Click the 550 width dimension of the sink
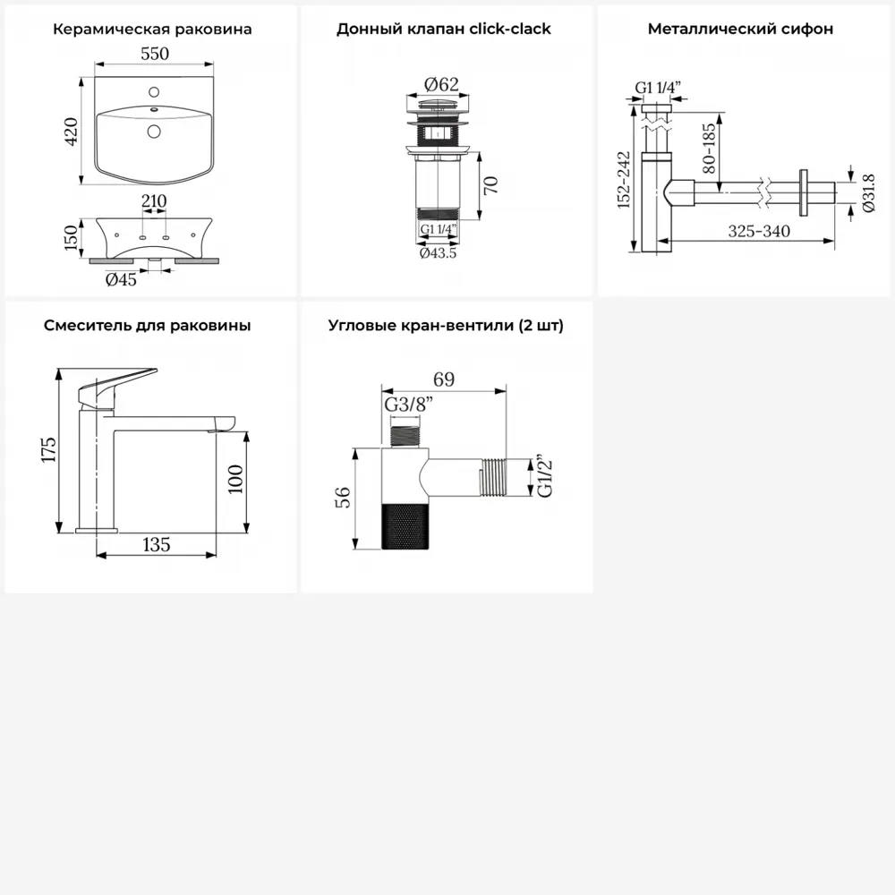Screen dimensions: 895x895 coord(155,54)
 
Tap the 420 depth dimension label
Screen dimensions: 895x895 coord(72,132)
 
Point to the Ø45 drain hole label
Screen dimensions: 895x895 coord(121,279)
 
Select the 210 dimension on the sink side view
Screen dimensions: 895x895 coord(154,200)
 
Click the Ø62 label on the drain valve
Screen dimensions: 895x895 coord(441,84)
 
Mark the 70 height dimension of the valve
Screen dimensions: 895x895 coord(490,185)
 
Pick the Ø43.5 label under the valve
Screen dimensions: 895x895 coord(438,253)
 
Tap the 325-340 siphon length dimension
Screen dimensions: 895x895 coord(759,231)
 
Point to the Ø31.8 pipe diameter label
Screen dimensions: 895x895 coord(868,193)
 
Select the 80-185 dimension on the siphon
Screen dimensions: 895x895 coord(708,149)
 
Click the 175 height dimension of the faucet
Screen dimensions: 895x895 coord(48,450)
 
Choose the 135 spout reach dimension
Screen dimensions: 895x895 coord(157,544)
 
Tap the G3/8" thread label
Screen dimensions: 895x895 coord(409,405)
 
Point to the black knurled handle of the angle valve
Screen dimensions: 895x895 coord(405,526)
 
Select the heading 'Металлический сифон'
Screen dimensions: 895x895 coord(740,29)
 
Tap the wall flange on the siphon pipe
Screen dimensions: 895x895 coord(805,192)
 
